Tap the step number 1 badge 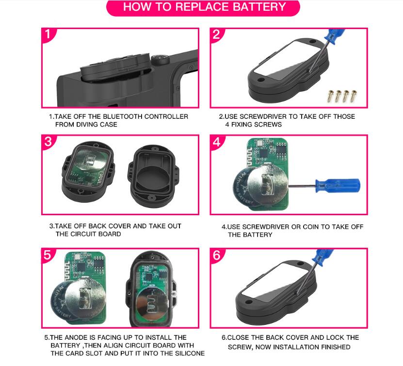(x=48, y=34)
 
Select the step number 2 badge (x=216, y=34)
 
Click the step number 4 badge (x=217, y=142)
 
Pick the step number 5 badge (x=48, y=255)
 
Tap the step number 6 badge (x=217, y=255)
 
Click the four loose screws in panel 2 (x=342, y=96)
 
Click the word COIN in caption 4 (x=310, y=227)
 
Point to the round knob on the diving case (x=160, y=60)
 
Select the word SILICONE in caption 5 (x=190, y=353)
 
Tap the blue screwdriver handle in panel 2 (x=334, y=35)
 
